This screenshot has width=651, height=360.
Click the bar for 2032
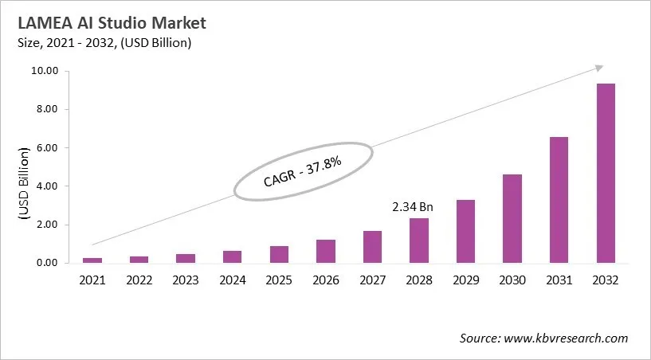point(606,173)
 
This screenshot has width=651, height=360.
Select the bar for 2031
point(559,200)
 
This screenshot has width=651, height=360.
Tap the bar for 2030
point(512,218)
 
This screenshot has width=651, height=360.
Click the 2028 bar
point(419,241)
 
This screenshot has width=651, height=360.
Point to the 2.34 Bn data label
point(411,206)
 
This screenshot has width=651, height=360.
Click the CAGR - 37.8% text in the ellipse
point(302,171)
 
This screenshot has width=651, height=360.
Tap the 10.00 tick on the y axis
point(45,71)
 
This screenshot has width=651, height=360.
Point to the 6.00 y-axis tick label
point(48,148)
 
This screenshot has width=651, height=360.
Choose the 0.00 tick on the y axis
point(48,263)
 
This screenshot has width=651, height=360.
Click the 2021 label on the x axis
point(92,280)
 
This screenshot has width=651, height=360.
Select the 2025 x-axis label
point(279,280)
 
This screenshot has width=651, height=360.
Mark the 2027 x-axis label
point(372,280)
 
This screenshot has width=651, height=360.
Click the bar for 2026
point(326,251)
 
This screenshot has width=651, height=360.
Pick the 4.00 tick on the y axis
point(48,186)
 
